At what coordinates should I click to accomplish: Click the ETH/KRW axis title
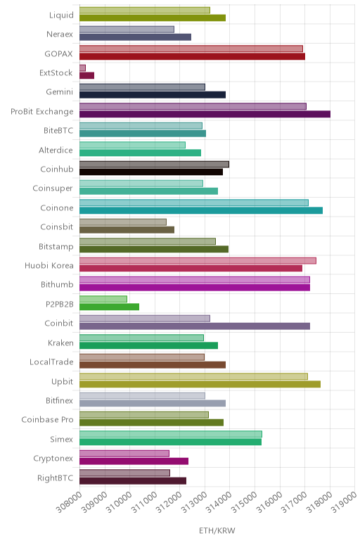(x=217, y=530)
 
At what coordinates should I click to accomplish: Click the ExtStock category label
(x=56, y=72)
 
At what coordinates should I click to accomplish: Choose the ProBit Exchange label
(x=42, y=112)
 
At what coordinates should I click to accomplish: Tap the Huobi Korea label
(x=49, y=266)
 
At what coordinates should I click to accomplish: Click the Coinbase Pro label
(x=47, y=420)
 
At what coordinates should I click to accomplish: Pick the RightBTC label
(x=56, y=478)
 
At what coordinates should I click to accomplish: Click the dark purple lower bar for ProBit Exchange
(x=205, y=114)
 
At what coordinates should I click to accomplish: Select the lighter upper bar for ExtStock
(x=82, y=68)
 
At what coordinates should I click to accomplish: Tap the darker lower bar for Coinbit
(x=195, y=326)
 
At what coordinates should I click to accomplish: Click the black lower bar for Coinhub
(x=151, y=172)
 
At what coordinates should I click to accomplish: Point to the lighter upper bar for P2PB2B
(x=103, y=299)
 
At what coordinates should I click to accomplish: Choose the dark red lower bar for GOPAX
(x=192, y=56)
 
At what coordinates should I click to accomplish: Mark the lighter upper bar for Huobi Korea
(x=198, y=260)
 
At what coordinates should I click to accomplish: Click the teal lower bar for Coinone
(x=201, y=210)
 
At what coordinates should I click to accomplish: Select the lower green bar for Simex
(x=170, y=442)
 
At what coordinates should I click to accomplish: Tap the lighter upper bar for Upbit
(x=193, y=376)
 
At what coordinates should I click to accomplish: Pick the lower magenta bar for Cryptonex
(x=134, y=461)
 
